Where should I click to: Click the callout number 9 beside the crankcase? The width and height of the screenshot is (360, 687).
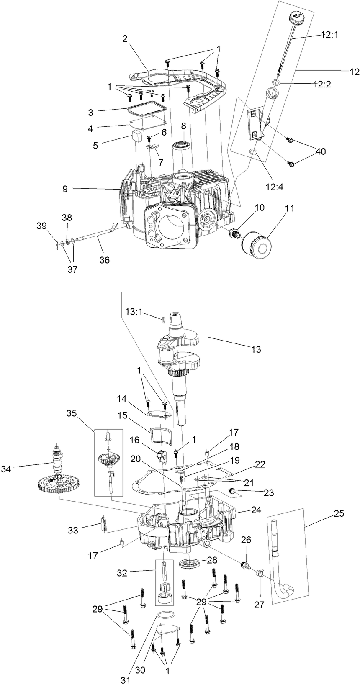click(65, 189)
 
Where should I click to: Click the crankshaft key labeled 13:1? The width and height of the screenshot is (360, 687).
click(163, 320)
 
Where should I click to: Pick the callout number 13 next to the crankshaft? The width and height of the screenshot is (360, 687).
click(256, 349)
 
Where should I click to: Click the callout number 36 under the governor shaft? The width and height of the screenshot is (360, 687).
click(104, 260)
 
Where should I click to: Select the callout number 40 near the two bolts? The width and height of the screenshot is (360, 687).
click(320, 151)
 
